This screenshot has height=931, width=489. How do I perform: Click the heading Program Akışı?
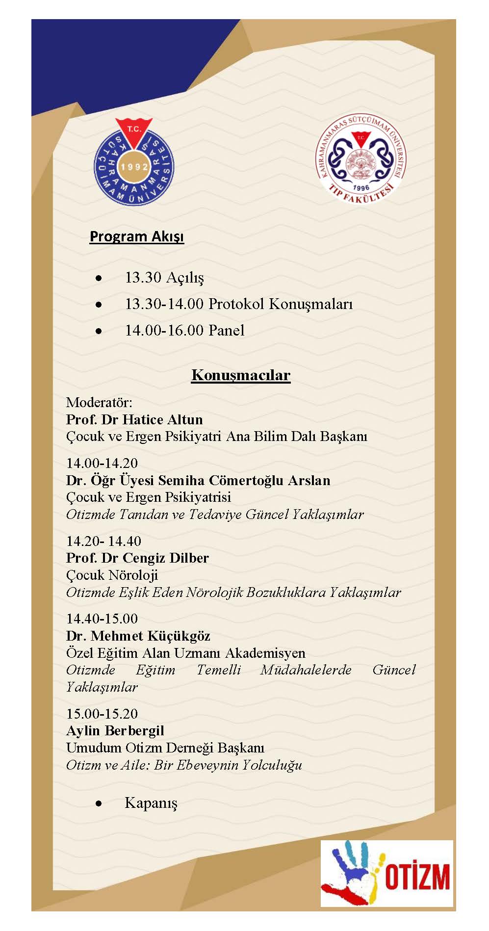pyautogui.click(x=136, y=236)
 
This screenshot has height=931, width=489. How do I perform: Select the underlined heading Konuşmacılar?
pyautogui.click(x=241, y=375)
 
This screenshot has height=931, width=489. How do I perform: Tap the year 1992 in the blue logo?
pyautogui.click(x=134, y=167)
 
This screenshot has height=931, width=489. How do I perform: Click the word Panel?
pyautogui.click(x=226, y=330)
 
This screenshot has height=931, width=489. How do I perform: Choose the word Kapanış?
pyautogui.click(x=151, y=803)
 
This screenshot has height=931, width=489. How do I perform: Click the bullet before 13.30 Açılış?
pyautogui.click(x=99, y=278)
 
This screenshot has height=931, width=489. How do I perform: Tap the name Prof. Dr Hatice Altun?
pyautogui.click(x=134, y=419)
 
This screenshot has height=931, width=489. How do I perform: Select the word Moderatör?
pyautogui.click(x=99, y=403)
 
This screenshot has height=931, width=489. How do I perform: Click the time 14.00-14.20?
pyautogui.click(x=102, y=463)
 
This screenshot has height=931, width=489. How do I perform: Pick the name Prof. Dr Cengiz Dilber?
pyautogui.click(x=137, y=558)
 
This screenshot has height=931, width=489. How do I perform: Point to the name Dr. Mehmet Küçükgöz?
pyautogui.click(x=138, y=636)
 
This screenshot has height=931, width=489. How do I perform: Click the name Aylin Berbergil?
pyautogui.click(x=115, y=730)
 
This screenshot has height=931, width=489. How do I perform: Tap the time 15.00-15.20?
pyautogui.click(x=102, y=714)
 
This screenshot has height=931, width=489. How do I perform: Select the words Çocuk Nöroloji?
pyautogui.click(x=112, y=575)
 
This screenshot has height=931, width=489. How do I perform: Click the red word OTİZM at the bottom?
pyautogui.click(x=417, y=877)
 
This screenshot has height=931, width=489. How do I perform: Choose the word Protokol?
pyautogui.click(x=236, y=304)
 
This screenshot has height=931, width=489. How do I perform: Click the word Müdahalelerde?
pyautogui.click(x=306, y=670)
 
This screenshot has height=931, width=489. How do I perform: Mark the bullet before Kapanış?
pyautogui.click(x=99, y=803)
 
